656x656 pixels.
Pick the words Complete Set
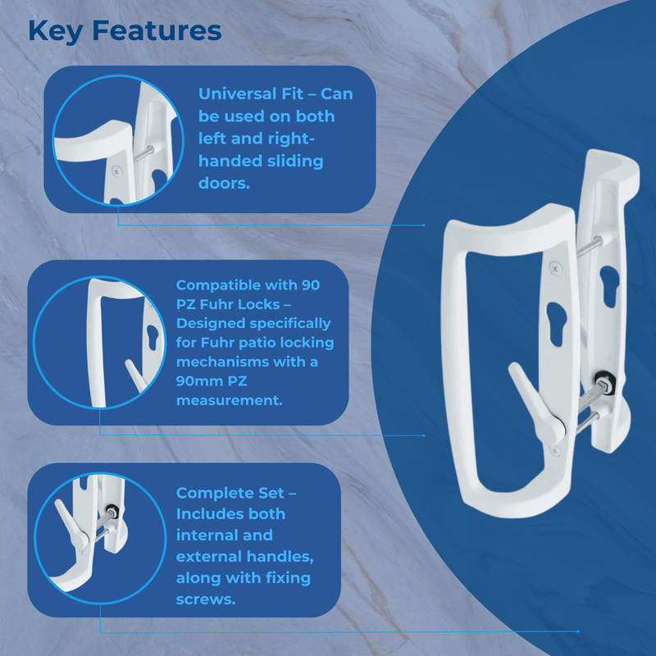point(230,493)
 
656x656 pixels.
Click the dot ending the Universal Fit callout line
point(424,224)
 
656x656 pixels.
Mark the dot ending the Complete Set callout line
point(578,631)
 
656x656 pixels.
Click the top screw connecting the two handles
point(592,244)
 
